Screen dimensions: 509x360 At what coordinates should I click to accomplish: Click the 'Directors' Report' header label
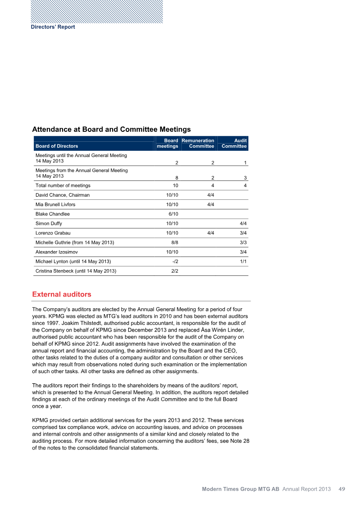tap(53, 27)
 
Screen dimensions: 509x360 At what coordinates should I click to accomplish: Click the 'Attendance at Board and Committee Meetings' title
tap(112, 130)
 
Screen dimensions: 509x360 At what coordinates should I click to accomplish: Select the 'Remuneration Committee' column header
tap(198, 143)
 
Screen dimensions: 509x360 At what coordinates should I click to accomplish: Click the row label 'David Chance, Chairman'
tap(63, 195)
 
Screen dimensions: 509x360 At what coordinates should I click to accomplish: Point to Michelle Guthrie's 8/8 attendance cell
tap(172, 243)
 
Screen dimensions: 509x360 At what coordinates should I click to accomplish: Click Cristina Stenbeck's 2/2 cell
tap(174, 271)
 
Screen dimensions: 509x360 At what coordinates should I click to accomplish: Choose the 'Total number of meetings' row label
tap(63, 185)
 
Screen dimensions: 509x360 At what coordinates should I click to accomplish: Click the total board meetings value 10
tap(175, 185)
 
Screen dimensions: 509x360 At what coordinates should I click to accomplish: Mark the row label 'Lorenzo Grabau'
tap(53, 233)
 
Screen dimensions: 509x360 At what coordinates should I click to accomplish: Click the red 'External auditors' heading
tap(62, 294)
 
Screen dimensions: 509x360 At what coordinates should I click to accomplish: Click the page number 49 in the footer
tap(342, 489)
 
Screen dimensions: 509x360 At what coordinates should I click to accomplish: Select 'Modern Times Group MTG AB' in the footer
tap(240, 489)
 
